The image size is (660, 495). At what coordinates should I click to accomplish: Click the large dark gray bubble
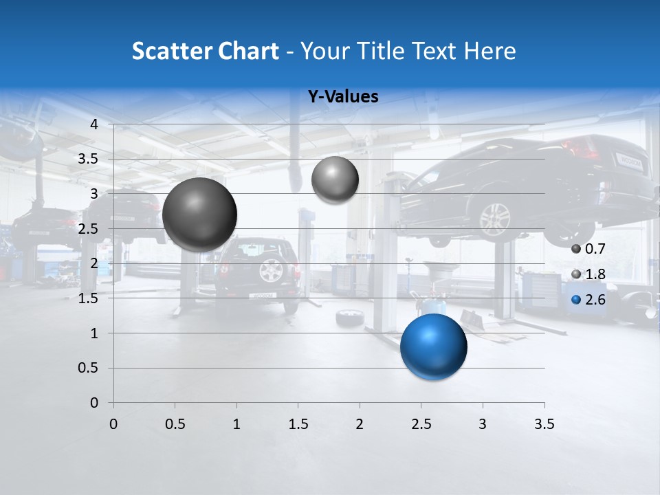[199, 214]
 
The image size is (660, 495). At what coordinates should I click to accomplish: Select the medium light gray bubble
[335, 179]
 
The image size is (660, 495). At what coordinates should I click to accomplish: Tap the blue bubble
[433, 346]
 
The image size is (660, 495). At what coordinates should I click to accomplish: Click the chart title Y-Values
[343, 97]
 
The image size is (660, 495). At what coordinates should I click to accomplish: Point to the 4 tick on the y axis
[95, 124]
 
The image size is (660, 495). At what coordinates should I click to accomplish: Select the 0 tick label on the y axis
[95, 403]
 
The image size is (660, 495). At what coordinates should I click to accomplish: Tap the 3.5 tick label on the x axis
[544, 424]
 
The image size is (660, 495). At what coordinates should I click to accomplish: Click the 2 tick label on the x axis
[360, 424]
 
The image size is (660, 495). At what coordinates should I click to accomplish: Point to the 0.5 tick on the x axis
[175, 424]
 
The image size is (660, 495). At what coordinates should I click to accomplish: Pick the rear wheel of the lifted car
[494, 219]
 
